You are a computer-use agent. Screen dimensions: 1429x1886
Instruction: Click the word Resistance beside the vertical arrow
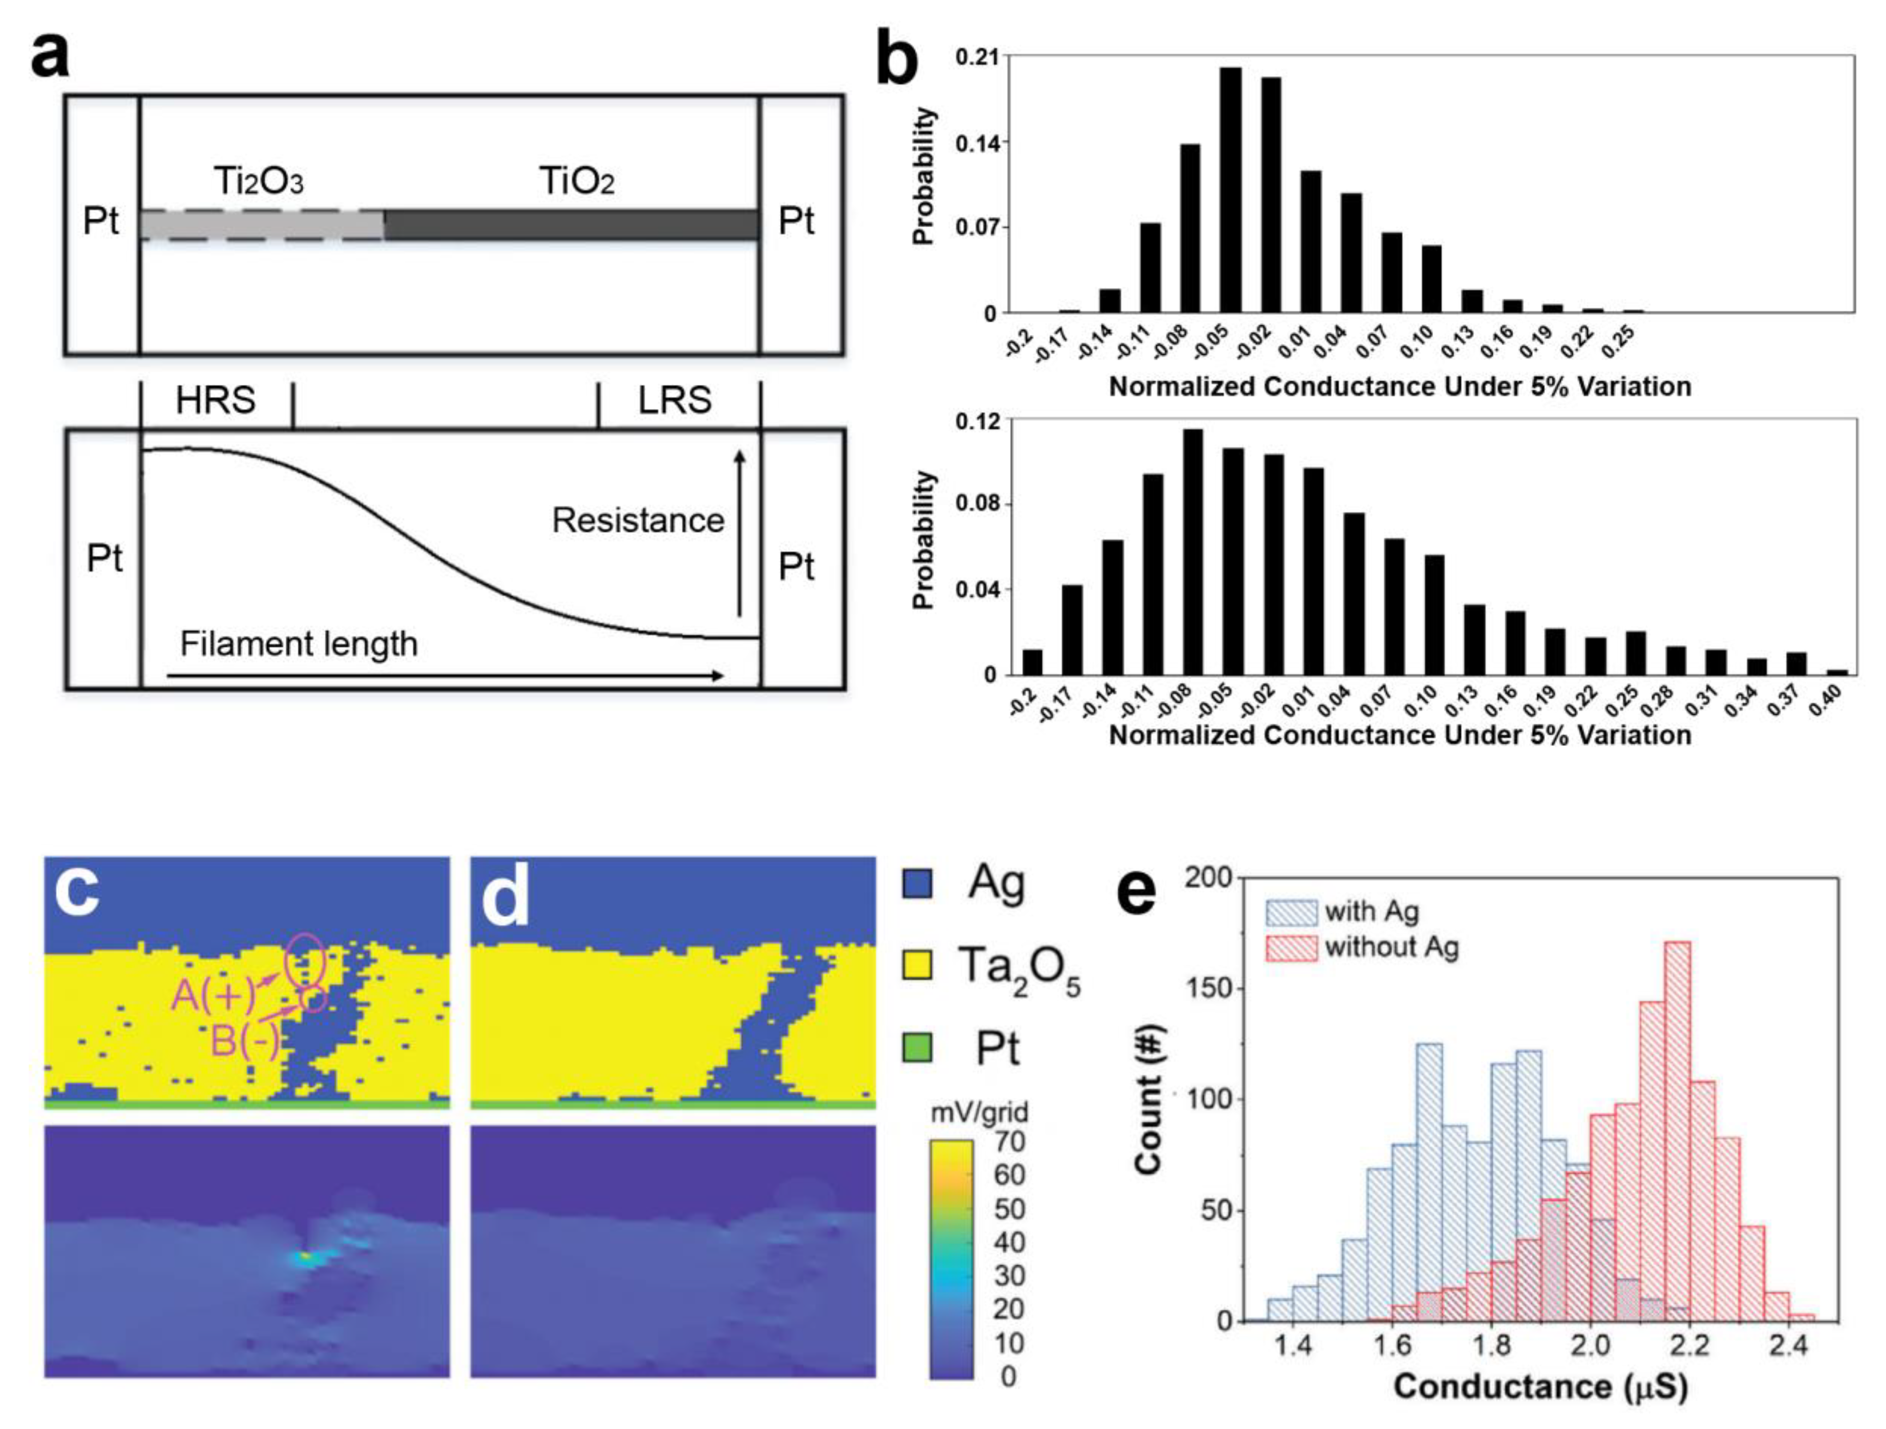(638, 520)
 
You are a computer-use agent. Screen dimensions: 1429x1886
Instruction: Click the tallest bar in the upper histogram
(1230, 189)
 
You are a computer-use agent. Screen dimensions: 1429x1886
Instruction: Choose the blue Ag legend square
(917, 883)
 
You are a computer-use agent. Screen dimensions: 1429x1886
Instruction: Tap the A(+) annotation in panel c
(213, 995)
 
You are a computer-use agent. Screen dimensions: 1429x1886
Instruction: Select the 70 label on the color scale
(1008, 1141)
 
